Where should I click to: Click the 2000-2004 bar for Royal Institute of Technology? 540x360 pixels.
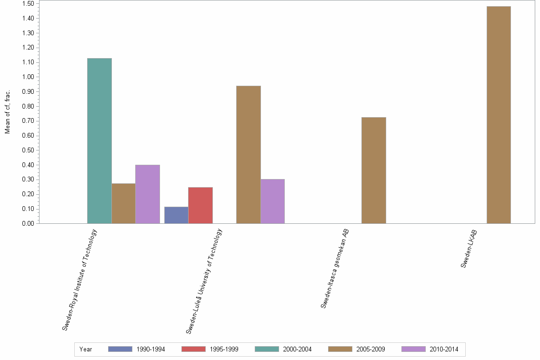pyautogui.click(x=100, y=141)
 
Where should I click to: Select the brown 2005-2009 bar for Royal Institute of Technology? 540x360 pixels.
pyautogui.click(x=123, y=203)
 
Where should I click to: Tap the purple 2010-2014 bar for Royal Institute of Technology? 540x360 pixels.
pyautogui.click(x=148, y=194)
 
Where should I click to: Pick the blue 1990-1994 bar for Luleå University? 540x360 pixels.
pyautogui.click(x=176, y=215)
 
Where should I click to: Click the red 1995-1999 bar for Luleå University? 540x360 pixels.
pyautogui.click(x=200, y=205)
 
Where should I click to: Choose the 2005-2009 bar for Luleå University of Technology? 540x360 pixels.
pyautogui.click(x=249, y=155)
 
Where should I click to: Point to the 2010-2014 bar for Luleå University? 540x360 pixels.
pyautogui.click(x=272, y=201)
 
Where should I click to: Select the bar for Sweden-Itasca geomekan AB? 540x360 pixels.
pyautogui.click(x=374, y=170)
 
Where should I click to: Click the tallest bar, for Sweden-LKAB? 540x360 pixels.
pyautogui.click(x=499, y=115)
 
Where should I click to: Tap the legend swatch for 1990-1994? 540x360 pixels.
pyautogui.click(x=120, y=349)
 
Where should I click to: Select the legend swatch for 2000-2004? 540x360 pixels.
pyautogui.click(x=267, y=349)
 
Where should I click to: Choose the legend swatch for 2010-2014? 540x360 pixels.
pyautogui.click(x=413, y=349)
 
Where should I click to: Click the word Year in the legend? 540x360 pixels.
pyautogui.click(x=86, y=349)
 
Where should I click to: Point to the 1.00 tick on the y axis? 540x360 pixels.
pyautogui.click(x=28, y=77)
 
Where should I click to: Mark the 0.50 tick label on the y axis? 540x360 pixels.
pyautogui.click(x=28, y=150)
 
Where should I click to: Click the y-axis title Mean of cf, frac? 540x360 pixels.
pyautogui.click(x=8, y=111)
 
